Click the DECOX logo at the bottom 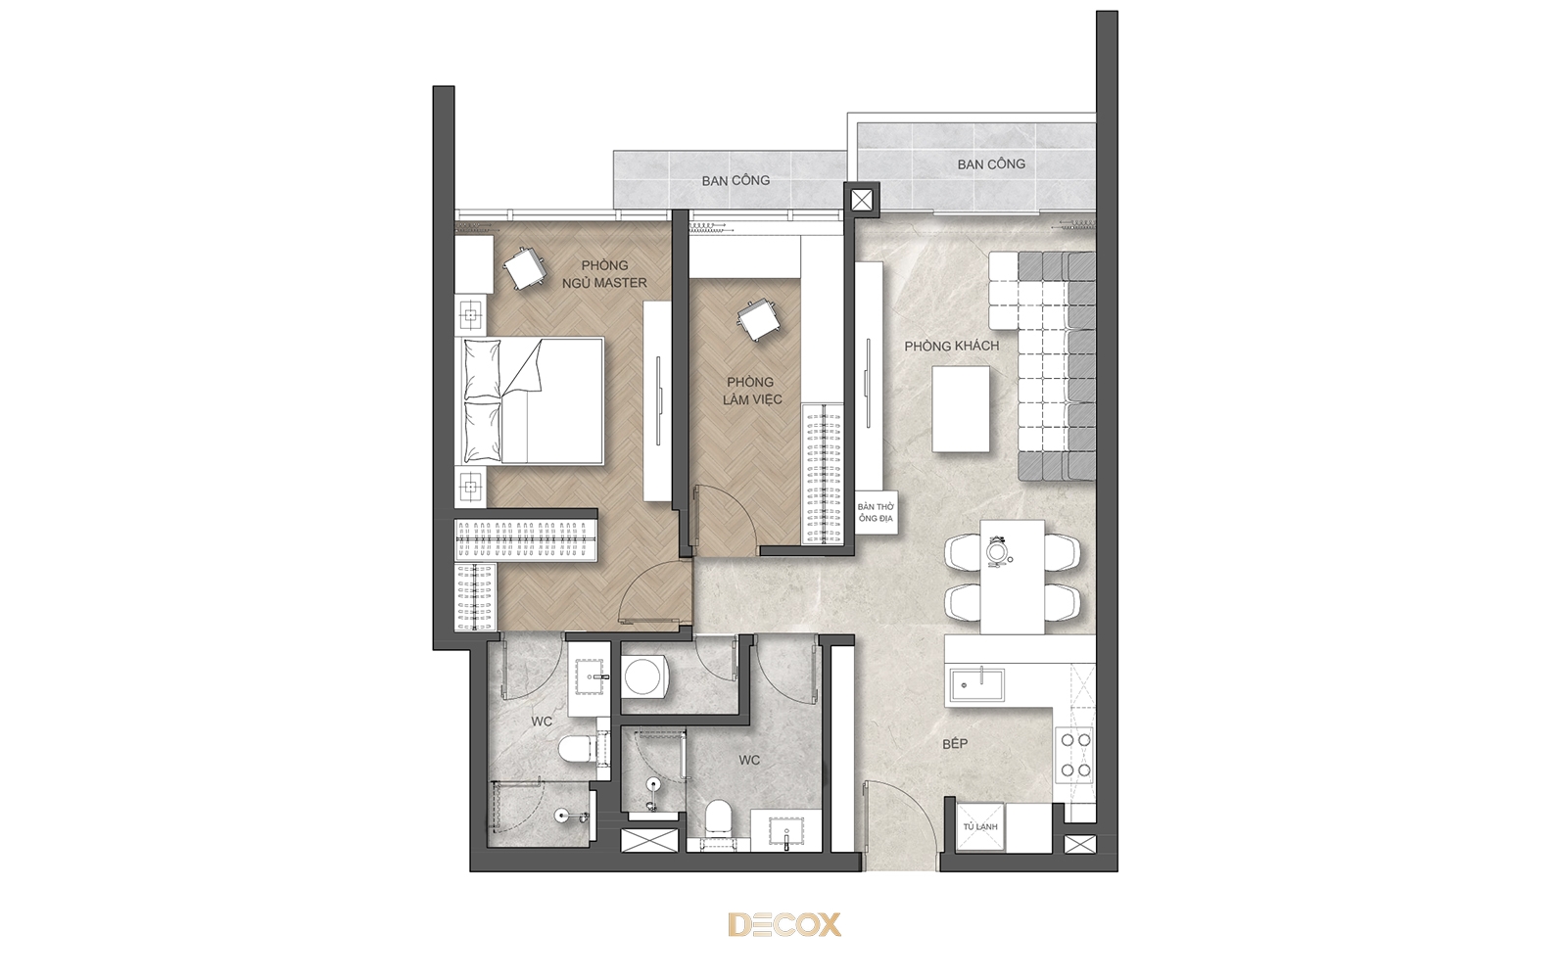784,924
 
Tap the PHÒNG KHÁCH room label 951,347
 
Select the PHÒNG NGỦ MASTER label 604,274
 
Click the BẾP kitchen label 955,744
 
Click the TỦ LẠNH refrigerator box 980,826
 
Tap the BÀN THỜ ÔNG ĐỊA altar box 876,513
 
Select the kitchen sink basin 976,685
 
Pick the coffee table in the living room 961,409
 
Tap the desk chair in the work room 756,320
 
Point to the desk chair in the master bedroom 525,268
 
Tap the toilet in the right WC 719,817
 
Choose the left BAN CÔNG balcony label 736,180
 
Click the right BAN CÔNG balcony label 991,164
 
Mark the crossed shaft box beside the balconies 861,201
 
